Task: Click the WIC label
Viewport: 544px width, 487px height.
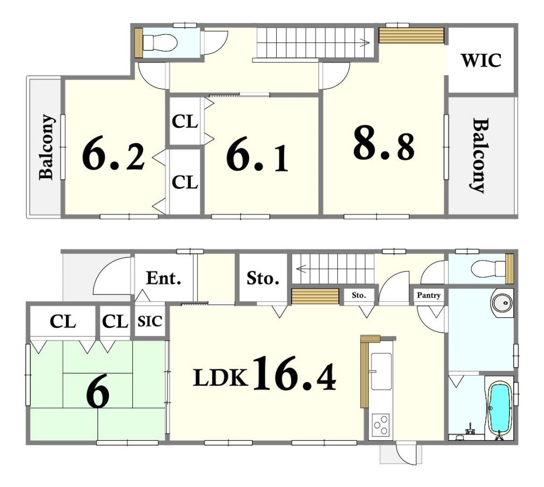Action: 481,60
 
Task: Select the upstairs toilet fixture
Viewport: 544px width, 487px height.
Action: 160,42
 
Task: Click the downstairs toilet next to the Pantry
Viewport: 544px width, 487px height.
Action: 489,268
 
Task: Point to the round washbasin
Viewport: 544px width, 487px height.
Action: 502,303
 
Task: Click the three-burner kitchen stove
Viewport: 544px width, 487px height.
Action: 380,425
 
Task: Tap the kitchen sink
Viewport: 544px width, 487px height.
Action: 381,371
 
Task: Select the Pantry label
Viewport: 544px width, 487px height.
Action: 429,295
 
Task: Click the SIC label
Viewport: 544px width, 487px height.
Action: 150,321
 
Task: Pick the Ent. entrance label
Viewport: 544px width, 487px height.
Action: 164,278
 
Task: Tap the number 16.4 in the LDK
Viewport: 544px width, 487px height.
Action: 294,373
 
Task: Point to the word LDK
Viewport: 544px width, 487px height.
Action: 220,378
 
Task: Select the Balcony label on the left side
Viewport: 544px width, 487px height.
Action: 47,147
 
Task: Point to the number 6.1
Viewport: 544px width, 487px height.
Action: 257,158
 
